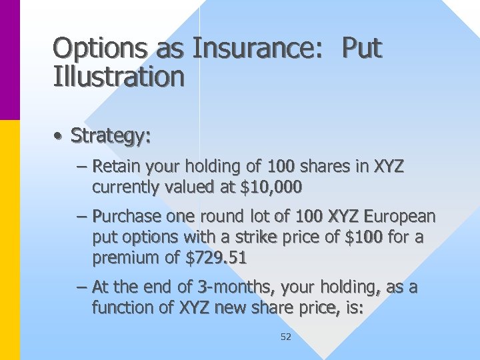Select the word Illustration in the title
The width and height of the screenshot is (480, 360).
click(x=119, y=77)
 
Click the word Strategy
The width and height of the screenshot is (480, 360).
click(x=111, y=136)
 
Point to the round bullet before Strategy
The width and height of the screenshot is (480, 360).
click(x=59, y=137)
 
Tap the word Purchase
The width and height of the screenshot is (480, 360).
click(x=127, y=217)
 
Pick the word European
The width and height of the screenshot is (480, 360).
click(x=397, y=217)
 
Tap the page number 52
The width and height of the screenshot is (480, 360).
click(x=285, y=337)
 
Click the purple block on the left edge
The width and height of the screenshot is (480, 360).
click(x=10, y=60)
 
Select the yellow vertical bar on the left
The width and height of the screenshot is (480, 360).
click(x=10, y=240)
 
